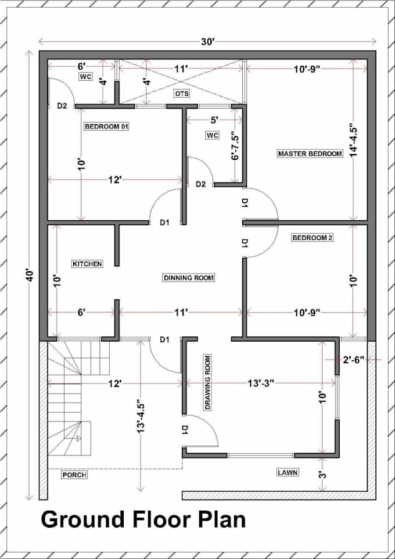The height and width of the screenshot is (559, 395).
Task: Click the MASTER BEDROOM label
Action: pyautogui.click(x=310, y=153)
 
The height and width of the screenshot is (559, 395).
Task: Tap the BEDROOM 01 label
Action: pyautogui.click(x=106, y=126)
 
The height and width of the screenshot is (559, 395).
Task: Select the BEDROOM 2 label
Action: pyautogui.click(x=312, y=238)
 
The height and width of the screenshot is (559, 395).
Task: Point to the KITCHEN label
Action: pyautogui.click(x=87, y=264)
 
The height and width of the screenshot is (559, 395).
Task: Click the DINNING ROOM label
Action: pyautogui.click(x=188, y=278)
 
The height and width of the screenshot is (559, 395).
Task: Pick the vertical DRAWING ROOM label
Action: pyautogui.click(x=207, y=382)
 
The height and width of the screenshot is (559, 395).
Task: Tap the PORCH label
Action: pyautogui.click(x=74, y=475)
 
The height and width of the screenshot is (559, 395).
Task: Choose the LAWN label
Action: pyautogui.click(x=288, y=472)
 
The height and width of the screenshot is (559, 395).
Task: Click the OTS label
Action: pyautogui.click(x=182, y=94)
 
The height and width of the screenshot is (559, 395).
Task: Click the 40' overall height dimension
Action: pyautogui.click(x=30, y=274)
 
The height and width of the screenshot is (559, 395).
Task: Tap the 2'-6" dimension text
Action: pyautogui.click(x=353, y=360)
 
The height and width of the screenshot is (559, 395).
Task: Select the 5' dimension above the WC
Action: pyautogui.click(x=214, y=120)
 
